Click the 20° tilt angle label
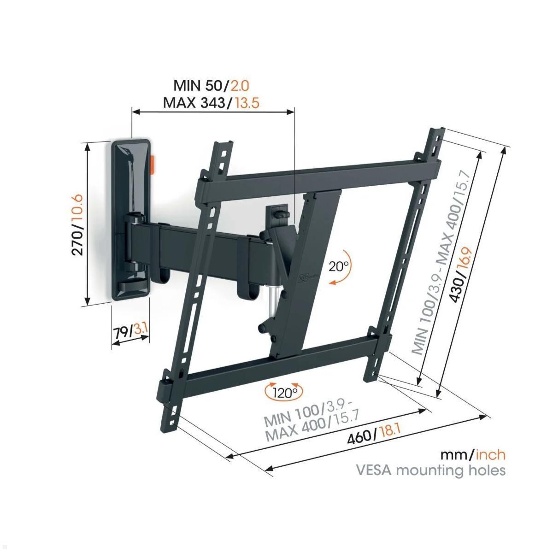tap(340, 266)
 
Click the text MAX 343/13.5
tap(211, 102)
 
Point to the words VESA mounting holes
tap(430, 471)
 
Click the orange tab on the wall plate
tap(153, 165)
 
